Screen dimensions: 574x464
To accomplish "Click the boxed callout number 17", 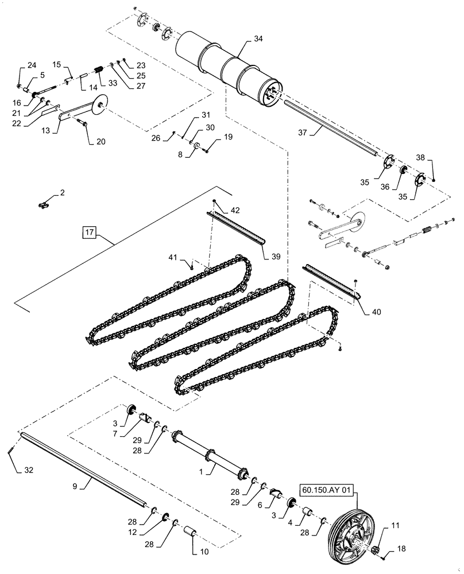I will tap(89, 233).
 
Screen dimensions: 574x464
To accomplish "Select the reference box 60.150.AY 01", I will tap(325, 490).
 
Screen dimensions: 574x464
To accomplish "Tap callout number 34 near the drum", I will tap(258, 39).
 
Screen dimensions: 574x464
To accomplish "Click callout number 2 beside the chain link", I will tap(62, 194).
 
